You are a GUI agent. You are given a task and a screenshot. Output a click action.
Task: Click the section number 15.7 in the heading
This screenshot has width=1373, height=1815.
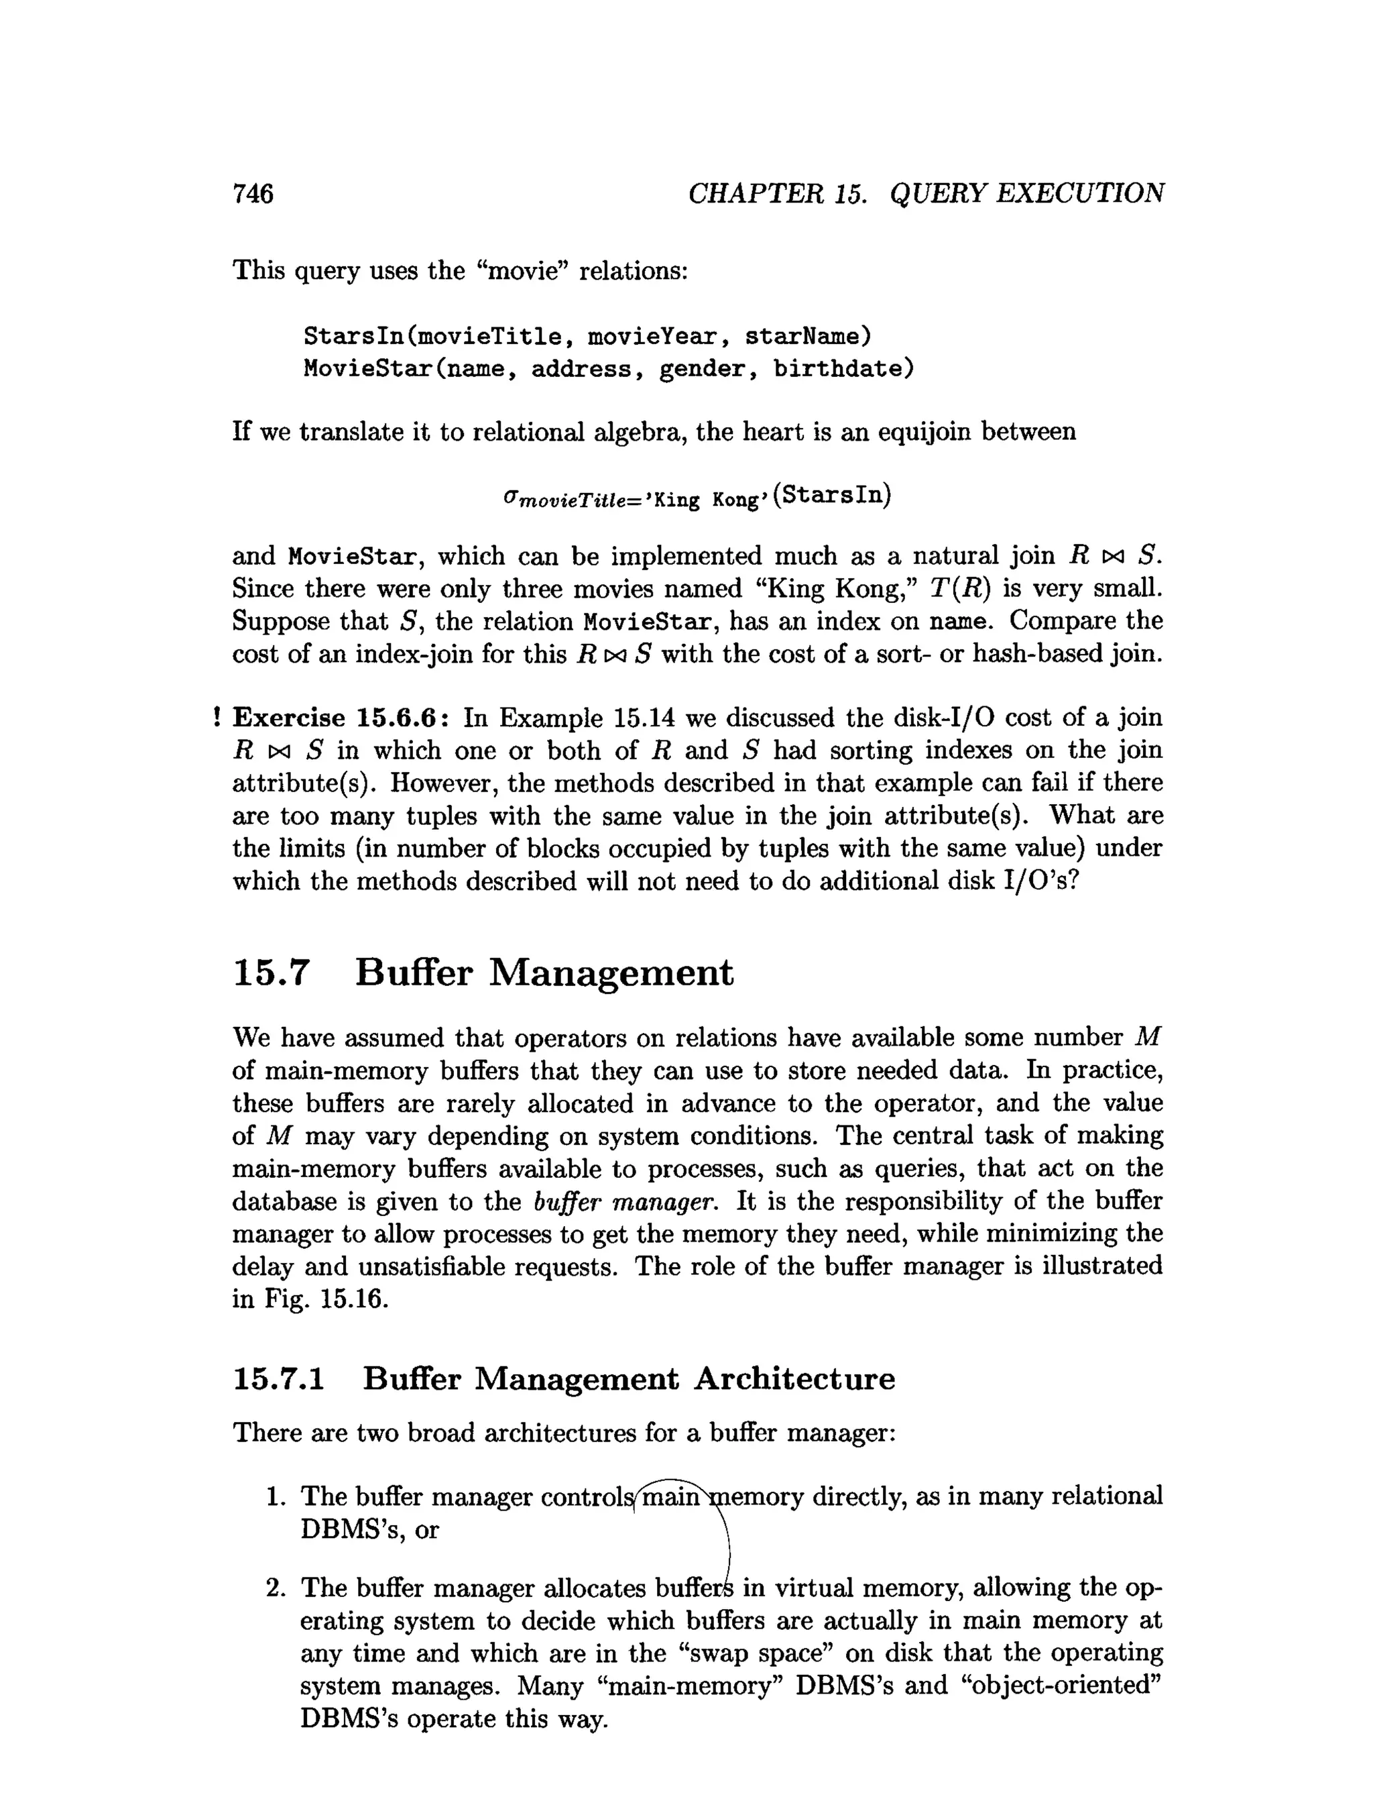[272, 973]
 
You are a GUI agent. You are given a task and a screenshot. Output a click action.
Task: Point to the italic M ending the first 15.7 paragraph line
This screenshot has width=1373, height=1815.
[1148, 1038]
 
